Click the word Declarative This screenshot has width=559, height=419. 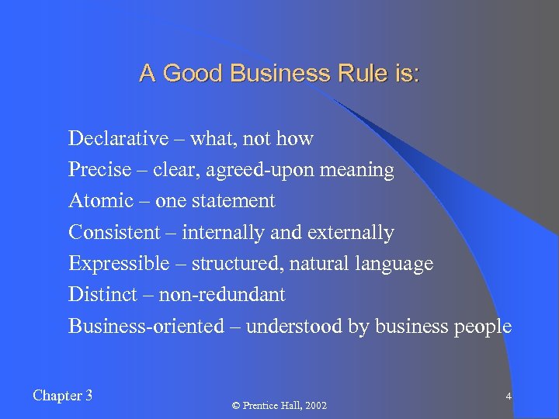click(x=118, y=139)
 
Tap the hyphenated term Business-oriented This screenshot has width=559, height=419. click(x=146, y=326)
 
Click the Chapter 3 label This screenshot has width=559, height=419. click(x=63, y=396)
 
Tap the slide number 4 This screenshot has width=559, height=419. click(x=508, y=396)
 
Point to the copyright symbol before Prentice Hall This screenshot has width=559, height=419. click(x=236, y=406)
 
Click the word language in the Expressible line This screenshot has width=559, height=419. click(x=394, y=265)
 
